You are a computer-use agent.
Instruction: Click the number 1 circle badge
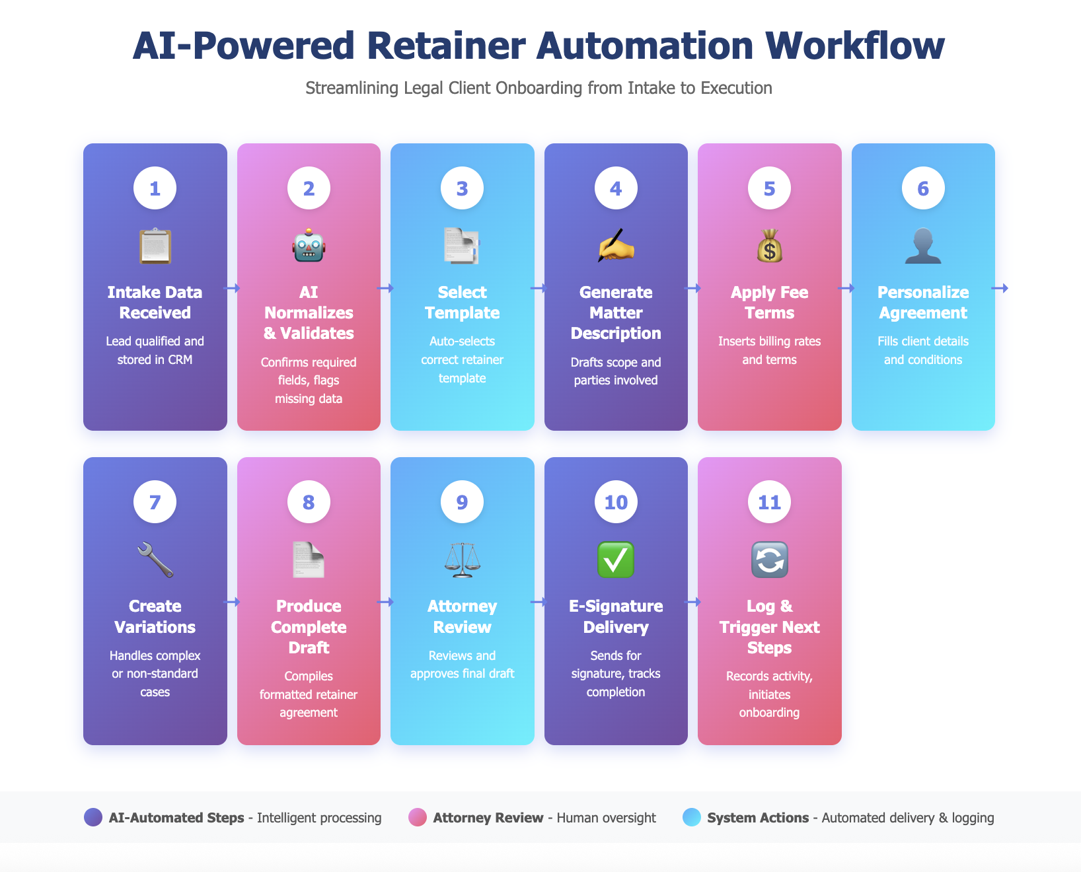[x=155, y=188]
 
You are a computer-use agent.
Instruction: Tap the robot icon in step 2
[x=309, y=246]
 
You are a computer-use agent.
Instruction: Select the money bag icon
[x=769, y=246]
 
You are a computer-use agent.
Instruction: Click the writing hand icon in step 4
[x=616, y=246]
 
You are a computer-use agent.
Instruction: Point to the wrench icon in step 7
[x=155, y=560]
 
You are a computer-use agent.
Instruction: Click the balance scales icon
[x=463, y=560]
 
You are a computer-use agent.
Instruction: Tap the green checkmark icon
[x=616, y=560]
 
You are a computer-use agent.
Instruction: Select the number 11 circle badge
[x=769, y=502]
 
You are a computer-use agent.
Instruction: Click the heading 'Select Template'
[x=463, y=303]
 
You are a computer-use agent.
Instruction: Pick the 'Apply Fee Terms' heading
[x=769, y=303]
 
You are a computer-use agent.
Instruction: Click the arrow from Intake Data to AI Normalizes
[x=232, y=288]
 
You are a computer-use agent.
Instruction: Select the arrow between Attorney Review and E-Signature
[x=539, y=602]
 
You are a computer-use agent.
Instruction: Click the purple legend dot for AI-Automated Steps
[x=93, y=817]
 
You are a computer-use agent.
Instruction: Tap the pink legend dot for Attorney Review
[x=418, y=817]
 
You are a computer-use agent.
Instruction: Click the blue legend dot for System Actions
[x=692, y=817]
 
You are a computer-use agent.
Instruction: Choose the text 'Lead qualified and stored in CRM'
[x=155, y=350]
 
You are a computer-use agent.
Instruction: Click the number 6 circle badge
[x=923, y=188]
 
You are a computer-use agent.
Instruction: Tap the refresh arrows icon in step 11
[x=769, y=560]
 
